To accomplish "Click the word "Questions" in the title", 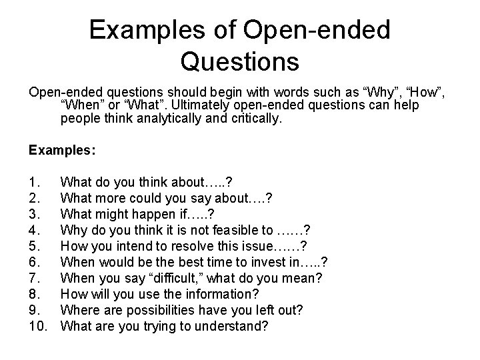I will [x=239, y=62].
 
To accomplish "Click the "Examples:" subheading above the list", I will [x=62, y=150].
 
